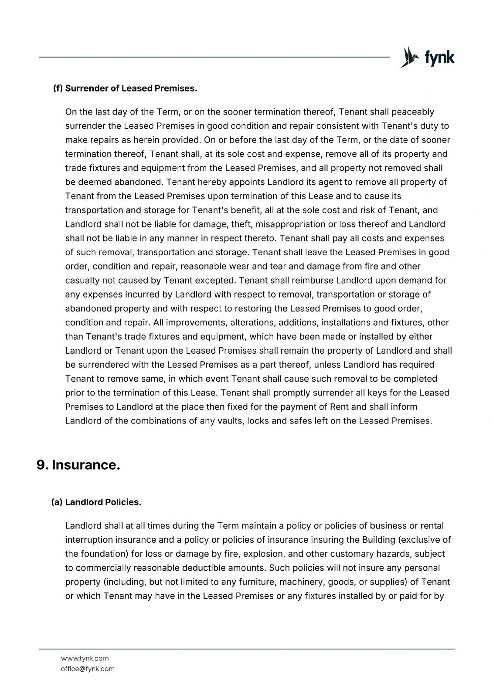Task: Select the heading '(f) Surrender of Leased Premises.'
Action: pyautogui.click(x=125, y=88)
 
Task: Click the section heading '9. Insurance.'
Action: pyautogui.click(x=78, y=465)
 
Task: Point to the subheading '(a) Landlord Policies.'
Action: pyautogui.click(x=96, y=502)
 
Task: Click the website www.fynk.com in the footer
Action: pyautogui.click(x=85, y=658)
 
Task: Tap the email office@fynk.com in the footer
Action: pyautogui.click(x=88, y=669)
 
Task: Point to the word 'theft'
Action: pyautogui.click(x=241, y=224)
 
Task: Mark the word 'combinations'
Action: pyautogui.click(x=161, y=421)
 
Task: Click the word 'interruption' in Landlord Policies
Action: pyautogui.click(x=89, y=540)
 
